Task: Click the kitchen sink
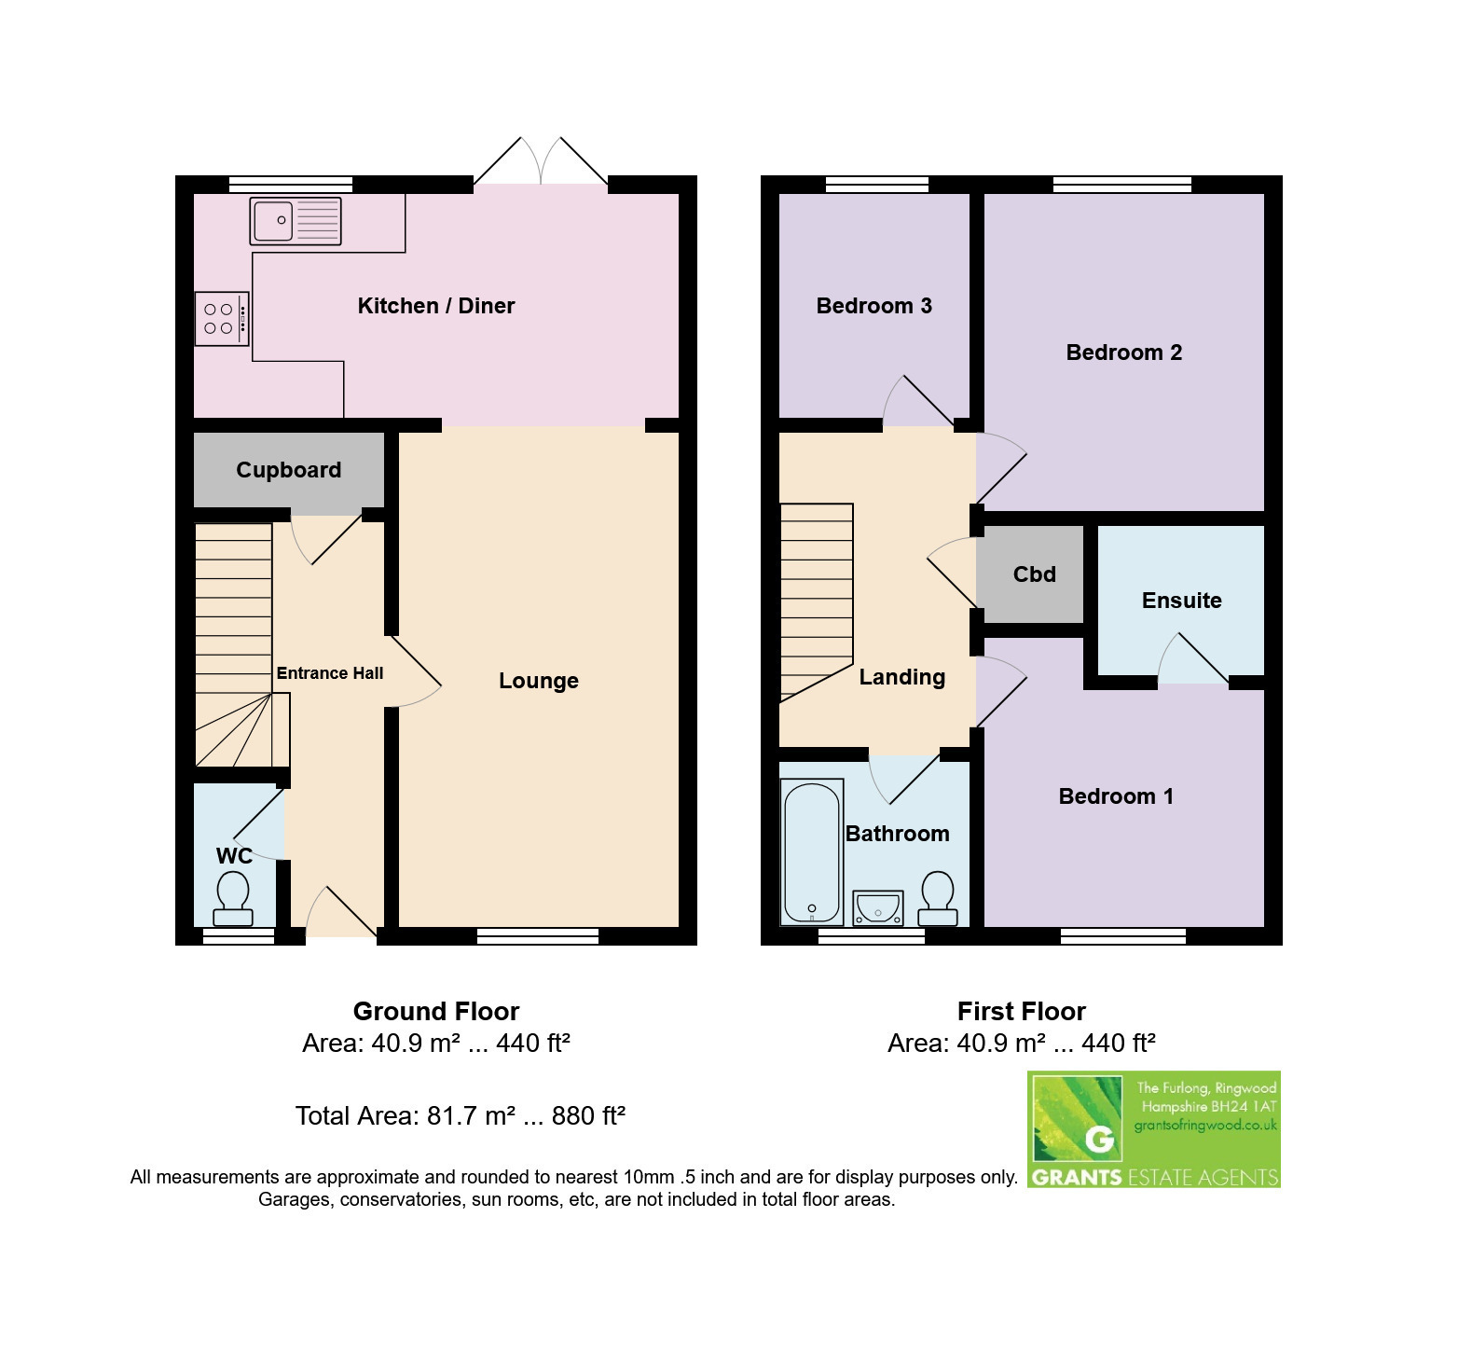click(x=296, y=221)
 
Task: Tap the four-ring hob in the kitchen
click(x=222, y=319)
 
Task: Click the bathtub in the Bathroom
click(x=812, y=853)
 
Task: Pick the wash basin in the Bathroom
click(x=878, y=907)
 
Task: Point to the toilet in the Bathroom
click(x=937, y=898)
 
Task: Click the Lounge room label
click(x=539, y=681)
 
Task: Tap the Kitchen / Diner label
click(x=436, y=306)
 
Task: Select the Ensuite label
click(x=1181, y=601)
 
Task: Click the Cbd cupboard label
click(x=1035, y=574)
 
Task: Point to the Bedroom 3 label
click(x=873, y=306)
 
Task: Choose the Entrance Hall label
click(x=330, y=673)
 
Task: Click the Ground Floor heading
click(x=436, y=1011)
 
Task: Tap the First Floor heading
click(x=1022, y=1011)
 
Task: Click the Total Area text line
click(x=461, y=1115)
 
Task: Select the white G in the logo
click(x=1100, y=1140)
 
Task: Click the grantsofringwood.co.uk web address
click(x=1205, y=1126)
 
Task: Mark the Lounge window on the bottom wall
click(x=538, y=935)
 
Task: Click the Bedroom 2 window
click(x=1122, y=185)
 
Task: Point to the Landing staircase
click(x=817, y=602)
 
